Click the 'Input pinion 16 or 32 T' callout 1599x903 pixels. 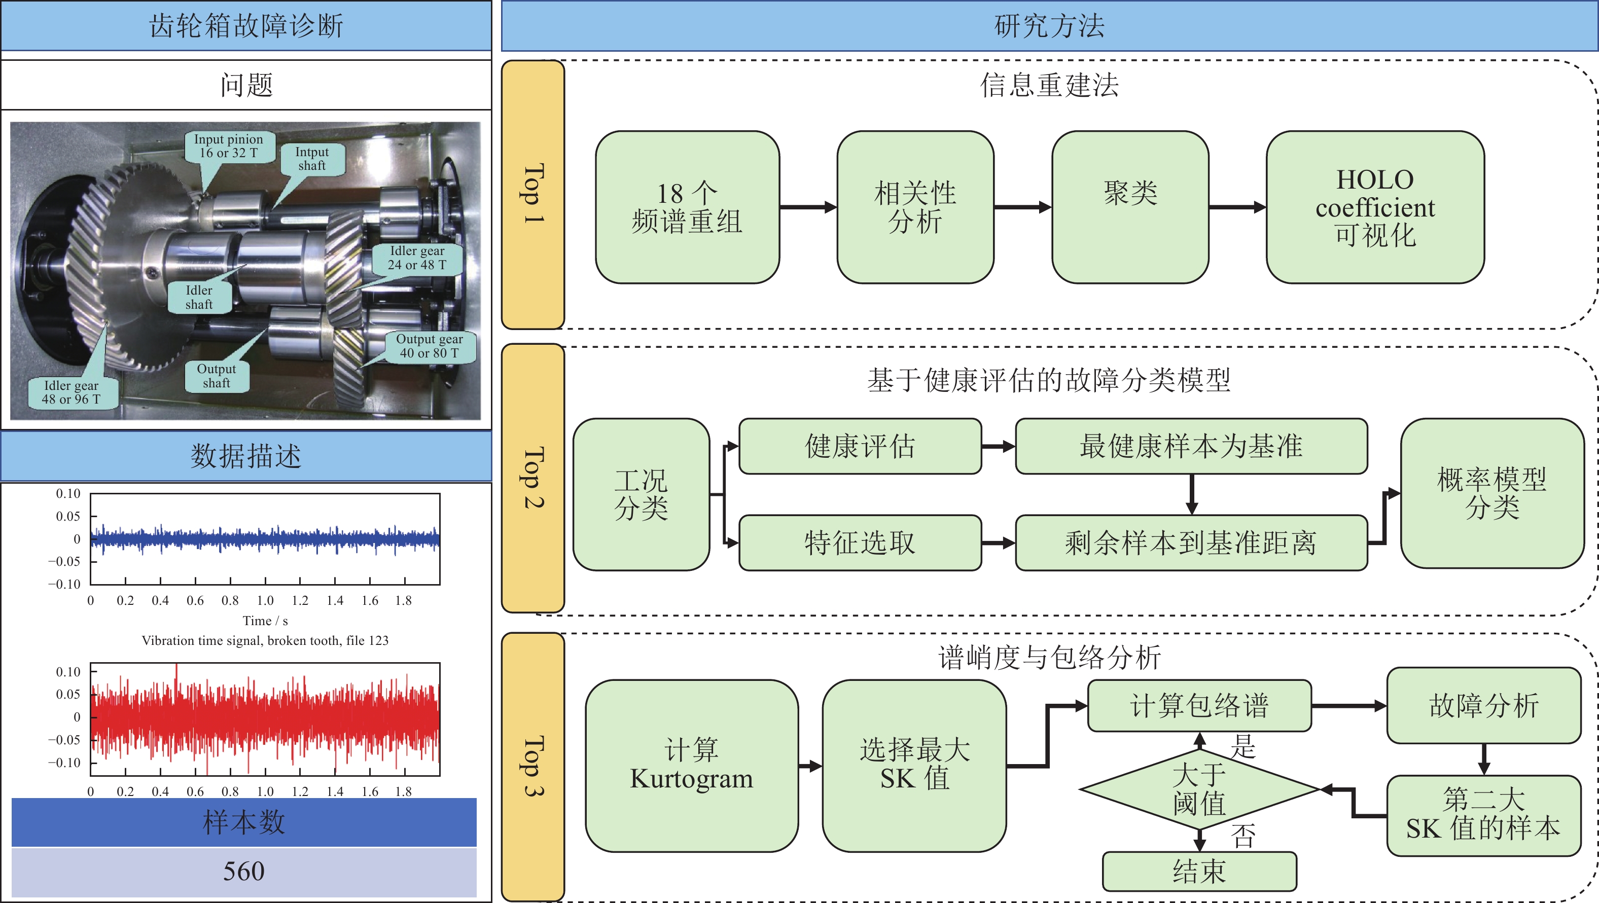pyautogui.click(x=228, y=147)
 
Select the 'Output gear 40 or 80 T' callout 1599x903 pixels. pyautogui.click(x=430, y=346)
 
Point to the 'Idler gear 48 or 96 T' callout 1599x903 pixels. pyautogui.click(x=72, y=392)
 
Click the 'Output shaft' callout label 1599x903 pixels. pyautogui.click(x=217, y=376)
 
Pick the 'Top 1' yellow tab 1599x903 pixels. pyautogui.click(x=533, y=194)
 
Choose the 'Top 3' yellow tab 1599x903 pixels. pyautogui.click(x=533, y=767)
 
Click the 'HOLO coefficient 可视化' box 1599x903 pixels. pyautogui.click(x=1375, y=207)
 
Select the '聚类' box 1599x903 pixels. pyautogui.click(x=1130, y=207)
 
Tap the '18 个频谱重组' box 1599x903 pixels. pyautogui.click(x=687, y=207)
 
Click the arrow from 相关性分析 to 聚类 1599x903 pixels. pyautogui.click(x=1023, y=207)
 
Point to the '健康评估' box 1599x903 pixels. pyautogui.click(x=860, y=446)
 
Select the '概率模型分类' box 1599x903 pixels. pyautogui.click(x=1492, y=493)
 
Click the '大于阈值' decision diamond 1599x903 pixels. pyautogui.click(x=1199, y=789)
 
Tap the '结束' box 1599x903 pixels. pyautogui.click(x=1199, y=872)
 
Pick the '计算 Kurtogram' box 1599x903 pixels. pyautogui.click(x=692, y=766)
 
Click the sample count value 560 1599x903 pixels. pyautogui.click(x=244, y=872)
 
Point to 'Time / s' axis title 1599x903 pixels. pyautogui.click(x=265, y=621)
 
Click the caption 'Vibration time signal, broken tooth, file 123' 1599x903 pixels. pyautogui.click(x=265, y=640)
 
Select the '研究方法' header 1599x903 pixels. pyautogui.click(x=1050, y=26)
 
